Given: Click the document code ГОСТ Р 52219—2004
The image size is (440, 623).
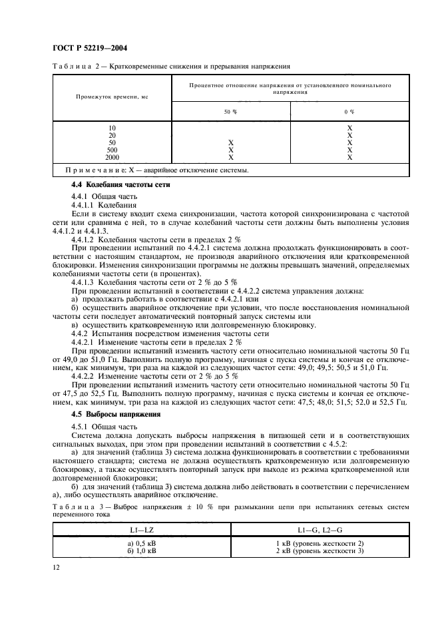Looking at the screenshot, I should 89,48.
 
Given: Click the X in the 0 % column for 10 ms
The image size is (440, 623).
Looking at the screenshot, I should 349,128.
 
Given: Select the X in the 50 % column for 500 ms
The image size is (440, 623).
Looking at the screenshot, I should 231,150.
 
